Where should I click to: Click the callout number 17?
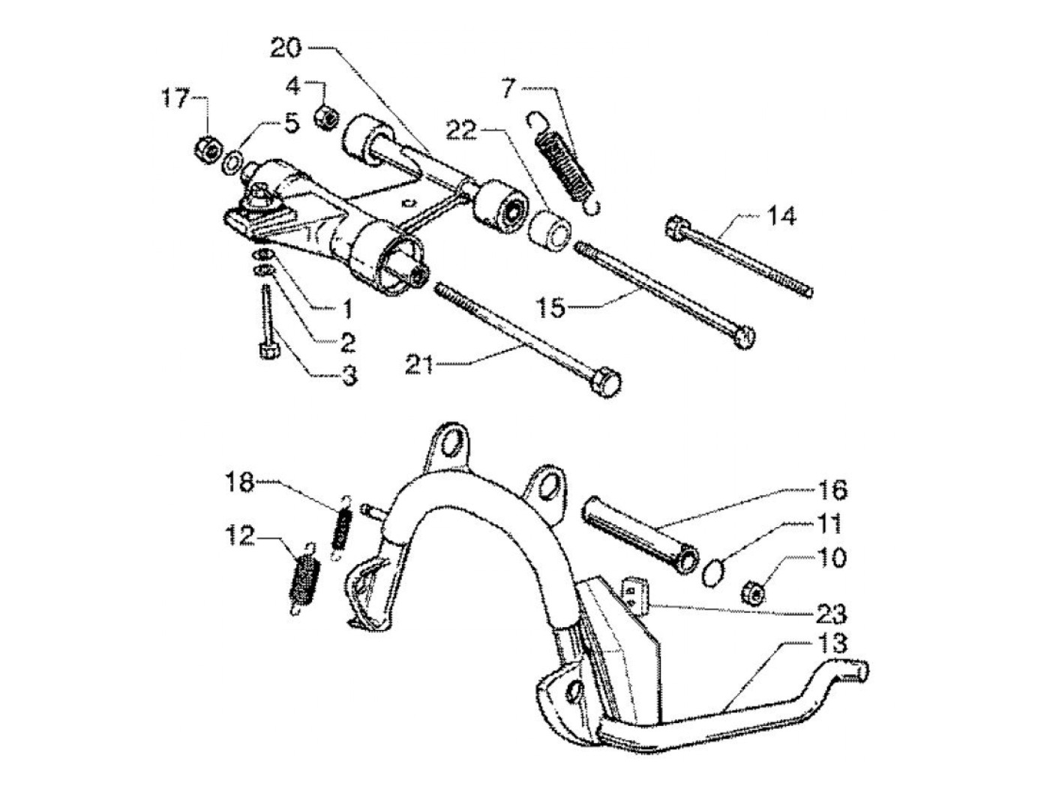[x=177, y=99]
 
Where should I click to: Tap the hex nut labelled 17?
[x=208, y=149]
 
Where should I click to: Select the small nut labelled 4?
[x=325, y=117]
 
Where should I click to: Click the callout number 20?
[x=286, y=49]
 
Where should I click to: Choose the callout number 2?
[x=346, y=343]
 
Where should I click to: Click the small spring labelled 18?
[x=343, y=529]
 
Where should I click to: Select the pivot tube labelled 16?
[x=637, y=536]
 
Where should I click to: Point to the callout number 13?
[x=829, y=643]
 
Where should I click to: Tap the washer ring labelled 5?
[x=232, y=160]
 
